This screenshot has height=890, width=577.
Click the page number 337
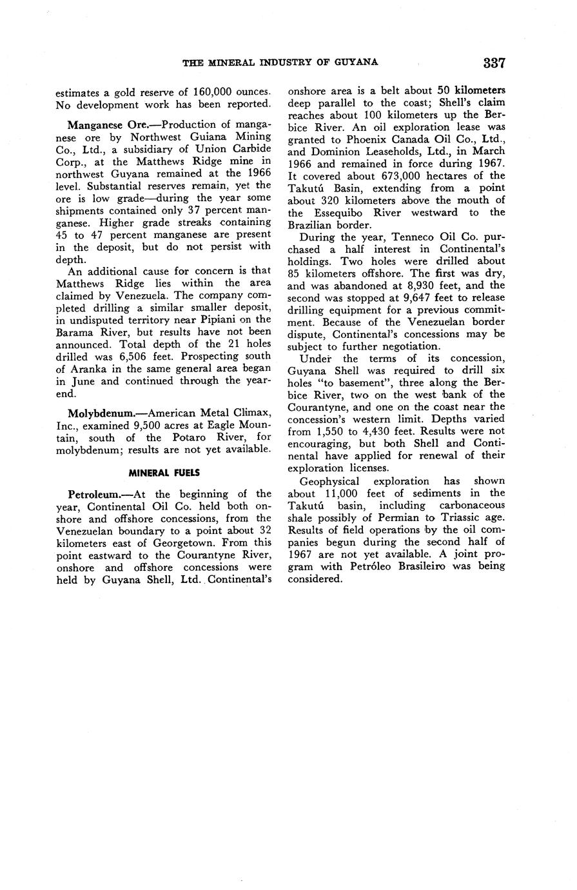(x=493, y=63)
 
